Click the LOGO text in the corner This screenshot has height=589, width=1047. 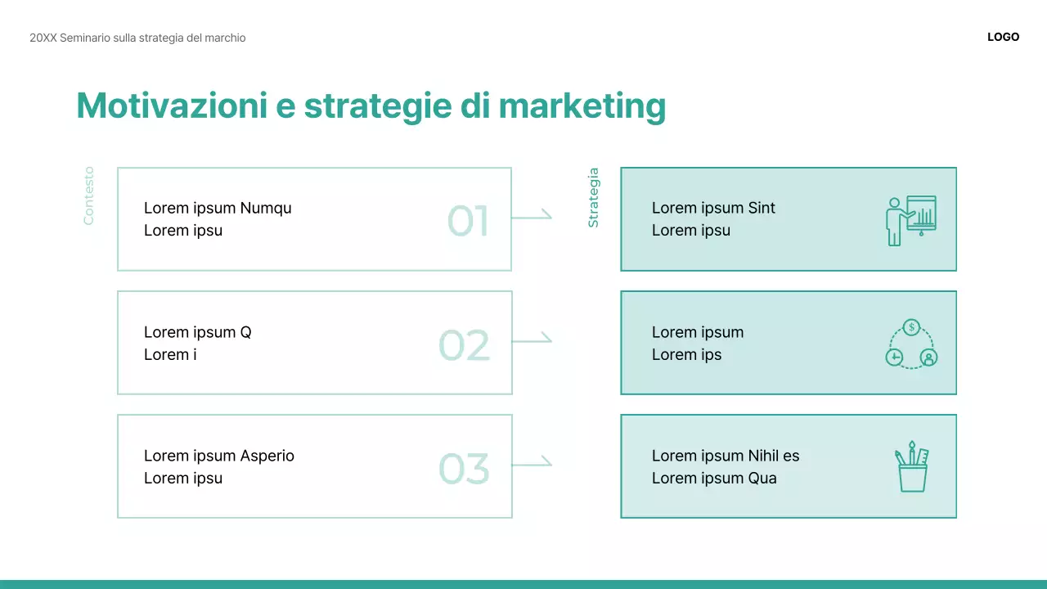pyautogui.click(x=1003, y=37)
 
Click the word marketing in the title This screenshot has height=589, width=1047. pyautogui.click(x=582, y=106)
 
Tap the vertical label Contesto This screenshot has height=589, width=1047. pyautogui.click(x=88, y=196)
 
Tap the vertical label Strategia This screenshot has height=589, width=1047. pyautogui.click(x=594, y=197)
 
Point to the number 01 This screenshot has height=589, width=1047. pyautogui.click(x=468, y=221)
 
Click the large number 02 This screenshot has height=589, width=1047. pyautogui.click(x=464, y=345)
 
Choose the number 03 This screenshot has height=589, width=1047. pyautogui.click(x=464, y=469)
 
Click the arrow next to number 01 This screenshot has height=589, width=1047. pyautogui.click(x=532, y=217)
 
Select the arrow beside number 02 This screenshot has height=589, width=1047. pyautogui.click(x=532, y=340)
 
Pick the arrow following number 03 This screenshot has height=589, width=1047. pyautogui.click(x=532, y=464)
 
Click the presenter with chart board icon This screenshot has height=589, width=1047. pyautogui.click(x=910, y=219)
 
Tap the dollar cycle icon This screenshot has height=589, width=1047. pyautogui.click(x=911, y=344)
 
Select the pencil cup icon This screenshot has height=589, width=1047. pyautogui.click(x=911, y=467)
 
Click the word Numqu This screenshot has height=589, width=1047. pyautogui.click(x=266, y=208)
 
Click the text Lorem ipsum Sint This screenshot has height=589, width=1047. pyautogui.click(x=713, y=208)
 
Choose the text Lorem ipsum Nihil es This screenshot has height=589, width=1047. pyautogui.click(x=726, y=456)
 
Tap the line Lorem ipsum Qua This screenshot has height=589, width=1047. pyautogui.click(x=714, y=478)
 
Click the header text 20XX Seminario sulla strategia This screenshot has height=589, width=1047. pyautogui.click(x=137, y=38)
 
